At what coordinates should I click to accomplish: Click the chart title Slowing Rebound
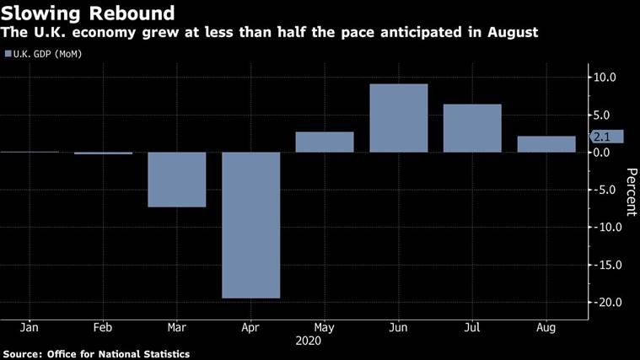pos(88,13)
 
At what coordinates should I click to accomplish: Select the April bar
pos(250,224)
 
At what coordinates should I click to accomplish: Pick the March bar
pos(177,179)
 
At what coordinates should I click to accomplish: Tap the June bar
pos(398,118)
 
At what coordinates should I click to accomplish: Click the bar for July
pos(472,128)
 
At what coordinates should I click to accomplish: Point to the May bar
pos(325,142)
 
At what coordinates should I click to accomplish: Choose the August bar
pos(546,144)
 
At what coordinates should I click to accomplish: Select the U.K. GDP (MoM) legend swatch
pos(8,54)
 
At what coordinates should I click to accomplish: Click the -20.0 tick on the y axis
pos(608,303)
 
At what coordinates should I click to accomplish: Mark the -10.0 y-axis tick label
pos(608,228)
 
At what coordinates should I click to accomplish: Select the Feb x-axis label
pos(103,326)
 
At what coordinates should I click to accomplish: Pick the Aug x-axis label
pos(546,326)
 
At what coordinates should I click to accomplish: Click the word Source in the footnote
pos(22,354)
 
